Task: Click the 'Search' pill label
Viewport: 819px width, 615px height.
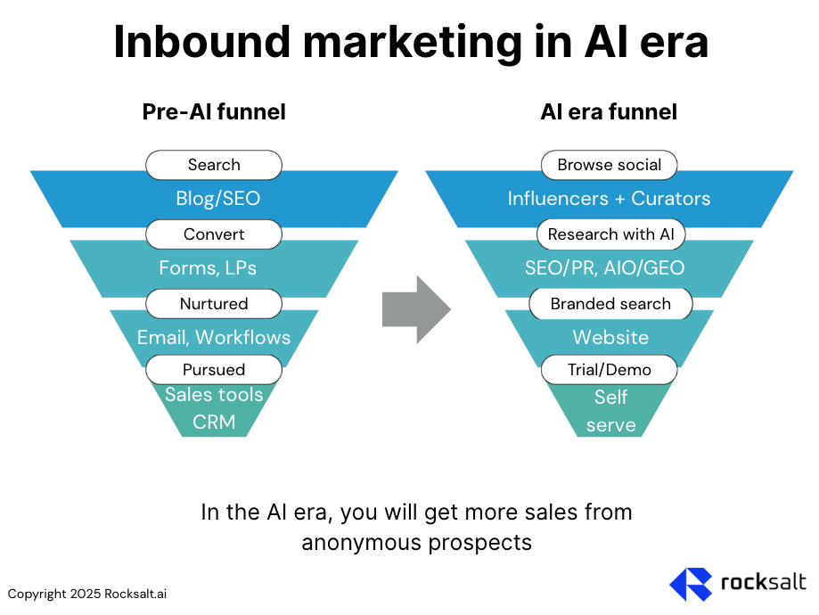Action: (214, 165)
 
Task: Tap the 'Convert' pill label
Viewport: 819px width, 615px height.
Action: (214, 234)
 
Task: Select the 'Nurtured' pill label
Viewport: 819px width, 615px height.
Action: (214, 304)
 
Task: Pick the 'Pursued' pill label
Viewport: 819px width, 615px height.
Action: (214, 369)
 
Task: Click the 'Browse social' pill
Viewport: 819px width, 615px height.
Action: (610, 165)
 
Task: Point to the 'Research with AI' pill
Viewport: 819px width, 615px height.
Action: (610, 234)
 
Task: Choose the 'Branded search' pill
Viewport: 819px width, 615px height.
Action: (610, 304)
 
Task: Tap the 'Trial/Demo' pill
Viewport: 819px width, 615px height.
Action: (610, 369)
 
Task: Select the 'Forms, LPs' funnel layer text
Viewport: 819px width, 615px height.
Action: (214, 267)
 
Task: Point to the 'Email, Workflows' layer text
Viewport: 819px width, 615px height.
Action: (214, 337)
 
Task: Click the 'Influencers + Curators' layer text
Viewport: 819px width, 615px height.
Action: (610, 199)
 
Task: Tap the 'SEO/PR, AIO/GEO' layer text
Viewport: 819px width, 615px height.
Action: (610, 267)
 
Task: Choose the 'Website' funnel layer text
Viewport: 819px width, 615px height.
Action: (610, 337)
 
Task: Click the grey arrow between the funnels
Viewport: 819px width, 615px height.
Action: (416, 309)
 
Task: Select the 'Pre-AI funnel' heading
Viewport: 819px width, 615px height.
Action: (214, 111)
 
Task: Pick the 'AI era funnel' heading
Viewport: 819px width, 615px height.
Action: (609, 111)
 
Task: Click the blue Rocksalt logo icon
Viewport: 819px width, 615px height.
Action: (691, 584)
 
